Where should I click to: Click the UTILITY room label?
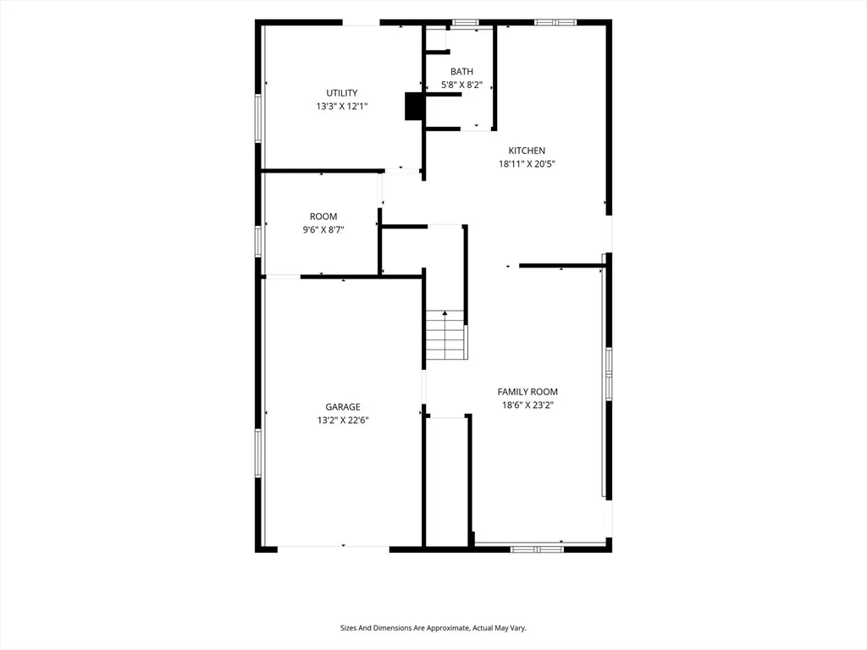[342, 93]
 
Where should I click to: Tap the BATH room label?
[461, 71]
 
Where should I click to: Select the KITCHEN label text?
[527, 151]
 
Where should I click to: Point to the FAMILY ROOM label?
[527, 392]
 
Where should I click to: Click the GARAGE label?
[343, 407]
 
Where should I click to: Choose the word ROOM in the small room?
[323, 217]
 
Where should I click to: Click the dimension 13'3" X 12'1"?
[342, 106]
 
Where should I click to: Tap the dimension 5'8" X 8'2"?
[461, 85]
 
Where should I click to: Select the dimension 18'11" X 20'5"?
[527, 163]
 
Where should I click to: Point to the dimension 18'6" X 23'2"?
[527, 405]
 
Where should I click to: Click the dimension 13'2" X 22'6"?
[343, 420]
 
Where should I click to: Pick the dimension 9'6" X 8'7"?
[323, 230]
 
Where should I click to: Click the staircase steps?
[445, 335]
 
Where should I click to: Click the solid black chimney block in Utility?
[414, 106]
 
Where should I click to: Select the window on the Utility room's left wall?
[257, 118]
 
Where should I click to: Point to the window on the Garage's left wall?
[257, 454]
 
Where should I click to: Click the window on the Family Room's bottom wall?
[536, 549]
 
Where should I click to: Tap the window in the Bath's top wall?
[466, 23]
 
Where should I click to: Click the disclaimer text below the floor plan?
[433, 628]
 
